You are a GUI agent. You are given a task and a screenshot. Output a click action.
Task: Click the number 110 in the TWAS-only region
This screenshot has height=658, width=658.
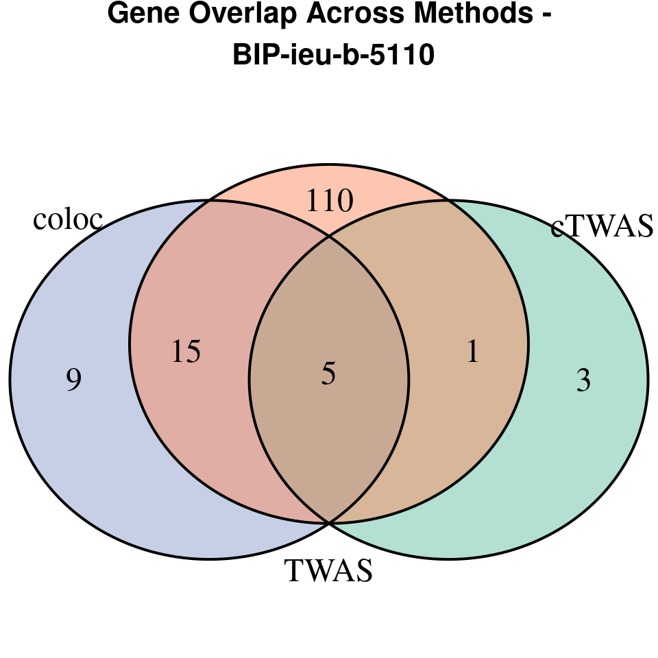[329, 202]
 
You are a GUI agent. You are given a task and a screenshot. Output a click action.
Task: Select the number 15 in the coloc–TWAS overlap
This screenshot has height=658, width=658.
[186, 352]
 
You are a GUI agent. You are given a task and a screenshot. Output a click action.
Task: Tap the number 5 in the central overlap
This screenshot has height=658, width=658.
[328, 374]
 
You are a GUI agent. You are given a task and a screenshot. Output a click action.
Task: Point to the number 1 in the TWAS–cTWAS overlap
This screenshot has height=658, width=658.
[472, 352]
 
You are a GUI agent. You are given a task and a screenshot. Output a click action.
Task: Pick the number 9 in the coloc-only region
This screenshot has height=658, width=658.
[74, 380]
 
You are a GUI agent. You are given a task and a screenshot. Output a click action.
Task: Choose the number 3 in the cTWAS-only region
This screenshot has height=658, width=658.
[583, 380]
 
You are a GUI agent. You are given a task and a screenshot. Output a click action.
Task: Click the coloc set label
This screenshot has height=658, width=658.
[68, 219]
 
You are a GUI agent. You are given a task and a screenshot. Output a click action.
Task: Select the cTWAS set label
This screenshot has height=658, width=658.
[602, 227]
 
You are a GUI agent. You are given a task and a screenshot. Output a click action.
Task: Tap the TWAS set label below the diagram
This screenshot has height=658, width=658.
[328, 570]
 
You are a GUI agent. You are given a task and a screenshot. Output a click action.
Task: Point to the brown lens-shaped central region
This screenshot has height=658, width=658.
[329, 425]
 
